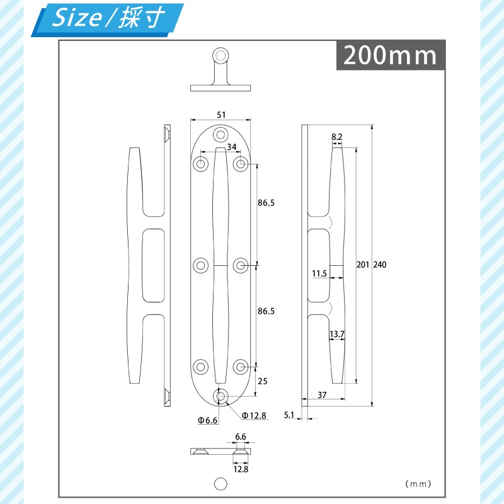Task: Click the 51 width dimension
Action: click(x=220, y=115)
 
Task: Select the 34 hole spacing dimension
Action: click(x=232, y=147)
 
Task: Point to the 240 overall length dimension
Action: click(x=379, y=265)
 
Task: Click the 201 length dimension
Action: click(x=362, y=265)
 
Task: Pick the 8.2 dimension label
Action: click(x=336, y=137)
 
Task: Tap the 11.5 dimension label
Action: click(x=319, y=273)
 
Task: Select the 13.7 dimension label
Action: click(x=337, y=334)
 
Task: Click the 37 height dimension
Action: click(x=322, y=395)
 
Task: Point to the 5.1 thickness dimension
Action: click(x=290, y=415)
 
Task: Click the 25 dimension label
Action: click(x=263, y=381)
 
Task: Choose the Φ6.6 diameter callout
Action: click(x=207, y=420)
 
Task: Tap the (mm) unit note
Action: click(x=418, y=484)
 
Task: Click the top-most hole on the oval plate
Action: click(x=220, y=134)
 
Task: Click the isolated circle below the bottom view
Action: click(x=220, y=483)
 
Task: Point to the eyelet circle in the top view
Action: click(x=220, y=55)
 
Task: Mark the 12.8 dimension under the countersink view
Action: click(x=240, y=469)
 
